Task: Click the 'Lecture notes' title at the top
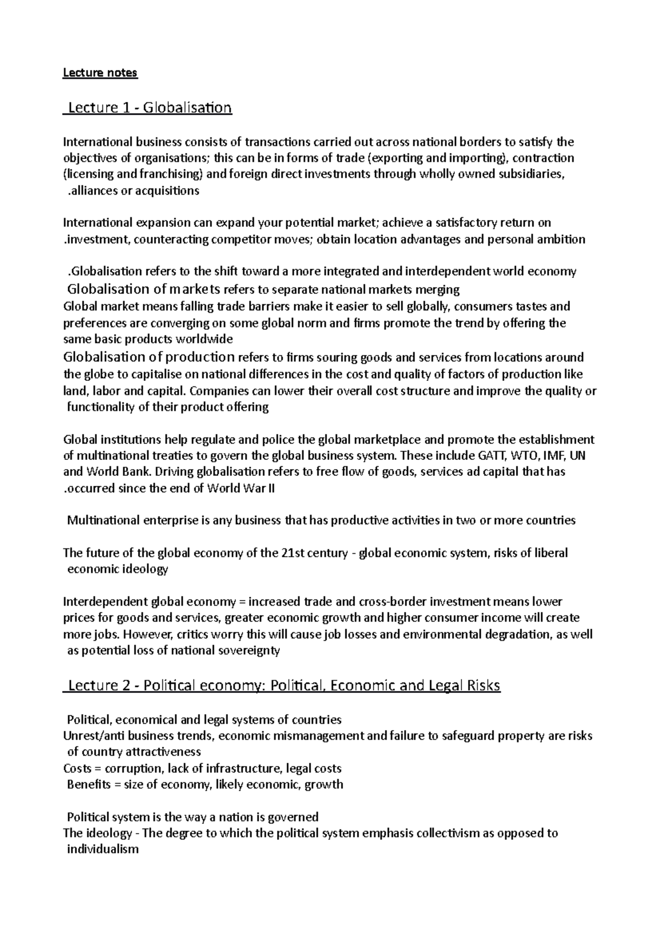tap(100, 73)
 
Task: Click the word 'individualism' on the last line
tap(102, 849)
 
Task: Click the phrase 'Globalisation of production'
tap(149, 357)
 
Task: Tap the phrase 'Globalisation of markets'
tap(144, 289)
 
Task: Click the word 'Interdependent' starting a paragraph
tap(105, 602)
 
